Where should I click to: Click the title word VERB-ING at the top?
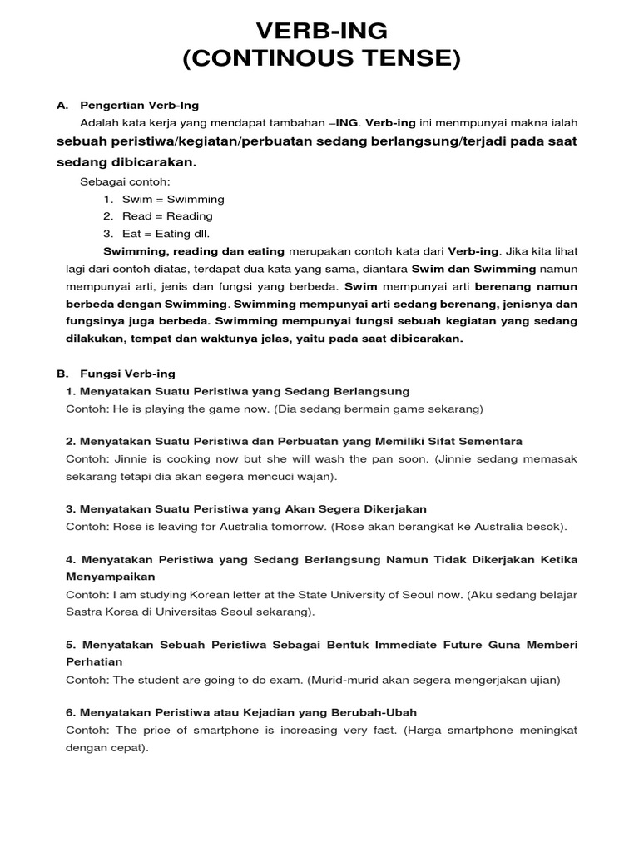pos(321,32)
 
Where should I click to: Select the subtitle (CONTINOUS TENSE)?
pos(321,60)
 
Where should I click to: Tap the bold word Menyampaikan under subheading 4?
pos(110,576)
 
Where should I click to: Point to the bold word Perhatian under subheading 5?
pos(94,661)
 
